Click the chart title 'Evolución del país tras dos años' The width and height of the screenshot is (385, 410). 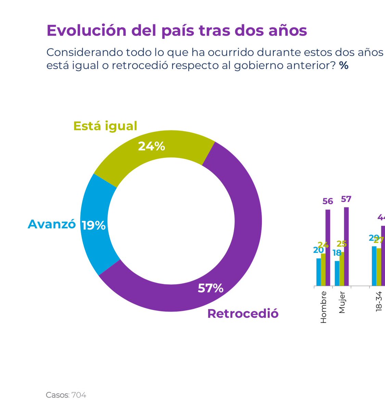(x=177, y=30)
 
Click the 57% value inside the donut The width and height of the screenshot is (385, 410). (x=210, y=288)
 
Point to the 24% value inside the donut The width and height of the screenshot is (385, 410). (x=151, y=146)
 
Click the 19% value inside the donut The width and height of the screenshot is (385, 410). (x=93, y=225)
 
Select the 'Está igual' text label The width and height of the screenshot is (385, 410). (x=105, y=126)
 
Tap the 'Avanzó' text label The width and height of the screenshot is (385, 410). (x=52, y=224)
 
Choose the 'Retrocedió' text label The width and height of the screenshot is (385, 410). (x=243, y=314)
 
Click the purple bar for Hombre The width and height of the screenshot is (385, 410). (x=328, y=247)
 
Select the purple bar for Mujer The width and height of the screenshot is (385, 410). (x=346, y=246)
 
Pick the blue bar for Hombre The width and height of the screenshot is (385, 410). (x=319, y=272)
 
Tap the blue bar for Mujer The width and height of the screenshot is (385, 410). (x=337, y=273)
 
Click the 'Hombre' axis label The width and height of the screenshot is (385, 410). (x=323, y=307)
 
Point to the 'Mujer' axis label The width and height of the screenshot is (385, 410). (x=342, y=302)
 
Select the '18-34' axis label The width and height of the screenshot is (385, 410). (x=379, y=301)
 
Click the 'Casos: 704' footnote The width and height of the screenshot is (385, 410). (x=66, y=395)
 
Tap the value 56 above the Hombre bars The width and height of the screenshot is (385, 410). (x=328, y=201)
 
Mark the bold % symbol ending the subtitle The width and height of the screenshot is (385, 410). (x=344, y=65)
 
